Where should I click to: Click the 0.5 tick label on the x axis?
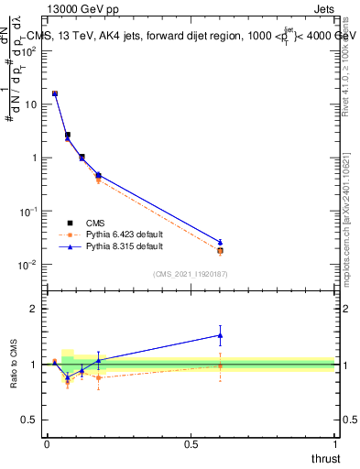point(191,443)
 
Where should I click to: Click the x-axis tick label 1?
point(334,443)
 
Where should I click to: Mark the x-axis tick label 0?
point(47,443)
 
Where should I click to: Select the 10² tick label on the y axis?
point(28,50)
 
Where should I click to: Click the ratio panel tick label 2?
point(35,309)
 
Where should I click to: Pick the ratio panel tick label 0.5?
point(31,420)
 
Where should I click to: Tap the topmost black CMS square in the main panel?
point(55,93)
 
